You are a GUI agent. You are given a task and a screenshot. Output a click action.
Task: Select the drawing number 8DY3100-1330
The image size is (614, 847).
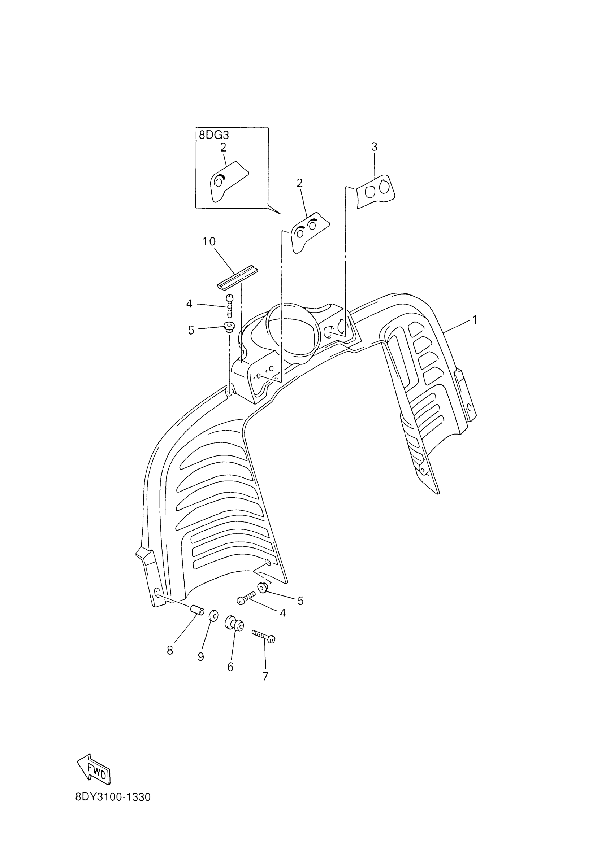[x=113, y=808]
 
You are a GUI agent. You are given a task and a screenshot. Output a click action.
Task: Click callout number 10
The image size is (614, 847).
[x=209, y=242]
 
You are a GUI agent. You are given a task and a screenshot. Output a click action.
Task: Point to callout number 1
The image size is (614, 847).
[x=475, y=320]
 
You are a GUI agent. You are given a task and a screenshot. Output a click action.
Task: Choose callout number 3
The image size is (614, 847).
[x=374, y=147]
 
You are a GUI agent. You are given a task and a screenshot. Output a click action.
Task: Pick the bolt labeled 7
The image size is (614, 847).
[x=264, y=636]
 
